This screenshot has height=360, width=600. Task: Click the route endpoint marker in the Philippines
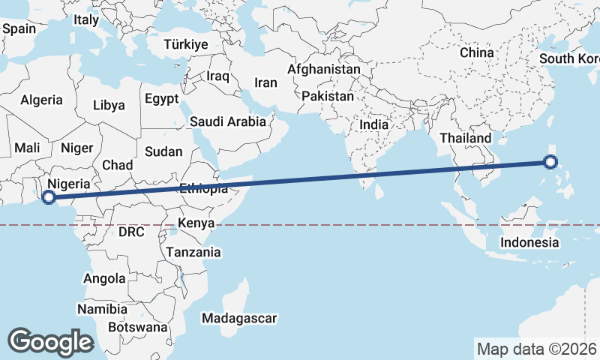(x=550, y=161)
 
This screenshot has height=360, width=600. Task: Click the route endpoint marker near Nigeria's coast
(x=49, y=197)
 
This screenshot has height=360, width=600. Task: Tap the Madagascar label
(x=239, y=318)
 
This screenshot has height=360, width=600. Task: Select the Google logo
(x=50, y=341)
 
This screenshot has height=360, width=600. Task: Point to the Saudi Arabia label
(x=228, y=121)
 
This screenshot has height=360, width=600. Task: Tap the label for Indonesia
(x=529, y=242)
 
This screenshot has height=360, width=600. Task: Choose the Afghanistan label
(x=323, y=69)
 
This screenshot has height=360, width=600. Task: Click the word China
(x=477, y=52)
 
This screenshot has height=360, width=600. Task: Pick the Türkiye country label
(x=185, y=45)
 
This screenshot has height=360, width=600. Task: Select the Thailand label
(x=465, y=138)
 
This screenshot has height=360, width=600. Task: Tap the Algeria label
(x=41, y=100)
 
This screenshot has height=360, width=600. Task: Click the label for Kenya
(x=196, y=223)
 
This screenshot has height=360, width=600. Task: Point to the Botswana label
(x=137, y=327)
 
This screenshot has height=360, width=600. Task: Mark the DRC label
(x=131, y=232)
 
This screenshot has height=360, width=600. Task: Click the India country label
(x=374, y=124)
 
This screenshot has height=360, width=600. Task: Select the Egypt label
(x=162, y=99)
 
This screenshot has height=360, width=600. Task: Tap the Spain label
(x=19, y=28)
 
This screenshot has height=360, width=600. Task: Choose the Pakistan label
(x=328, y=96)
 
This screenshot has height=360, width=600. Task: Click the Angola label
(x=104, y=278)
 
